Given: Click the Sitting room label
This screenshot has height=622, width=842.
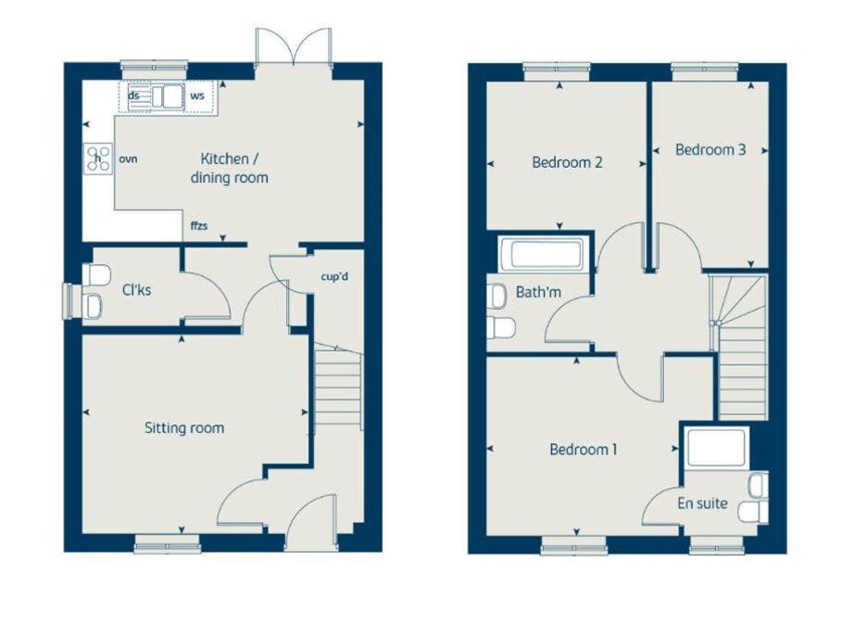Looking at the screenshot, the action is click(184, 428).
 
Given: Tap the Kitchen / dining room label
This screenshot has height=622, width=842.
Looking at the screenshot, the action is click(230, 168).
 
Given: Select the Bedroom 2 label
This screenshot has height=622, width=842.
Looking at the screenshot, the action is click(567, 162).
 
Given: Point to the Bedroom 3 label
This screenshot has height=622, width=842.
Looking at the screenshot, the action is click(710, 149).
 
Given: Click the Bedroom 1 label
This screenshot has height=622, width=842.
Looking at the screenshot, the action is click(584, 449).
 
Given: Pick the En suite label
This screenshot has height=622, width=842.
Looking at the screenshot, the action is click(702, 503).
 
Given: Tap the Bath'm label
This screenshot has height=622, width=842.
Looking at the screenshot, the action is click(538, 292).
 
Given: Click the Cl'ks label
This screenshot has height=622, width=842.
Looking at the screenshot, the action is click(136, 290).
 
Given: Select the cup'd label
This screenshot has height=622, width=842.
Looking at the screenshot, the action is click(334, 276).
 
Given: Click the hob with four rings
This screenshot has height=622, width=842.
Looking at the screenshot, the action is click(98, 159).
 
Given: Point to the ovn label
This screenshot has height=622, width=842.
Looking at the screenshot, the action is click(128, 159).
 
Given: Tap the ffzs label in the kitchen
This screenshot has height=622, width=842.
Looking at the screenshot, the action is click(198, 225).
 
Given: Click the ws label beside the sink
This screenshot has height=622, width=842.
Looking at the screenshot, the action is click(197, 96).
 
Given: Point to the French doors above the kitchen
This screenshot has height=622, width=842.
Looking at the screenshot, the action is click(294, 47).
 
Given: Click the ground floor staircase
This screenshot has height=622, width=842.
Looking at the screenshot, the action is click(337, 386).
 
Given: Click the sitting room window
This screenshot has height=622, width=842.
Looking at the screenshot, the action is click(167, 544).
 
